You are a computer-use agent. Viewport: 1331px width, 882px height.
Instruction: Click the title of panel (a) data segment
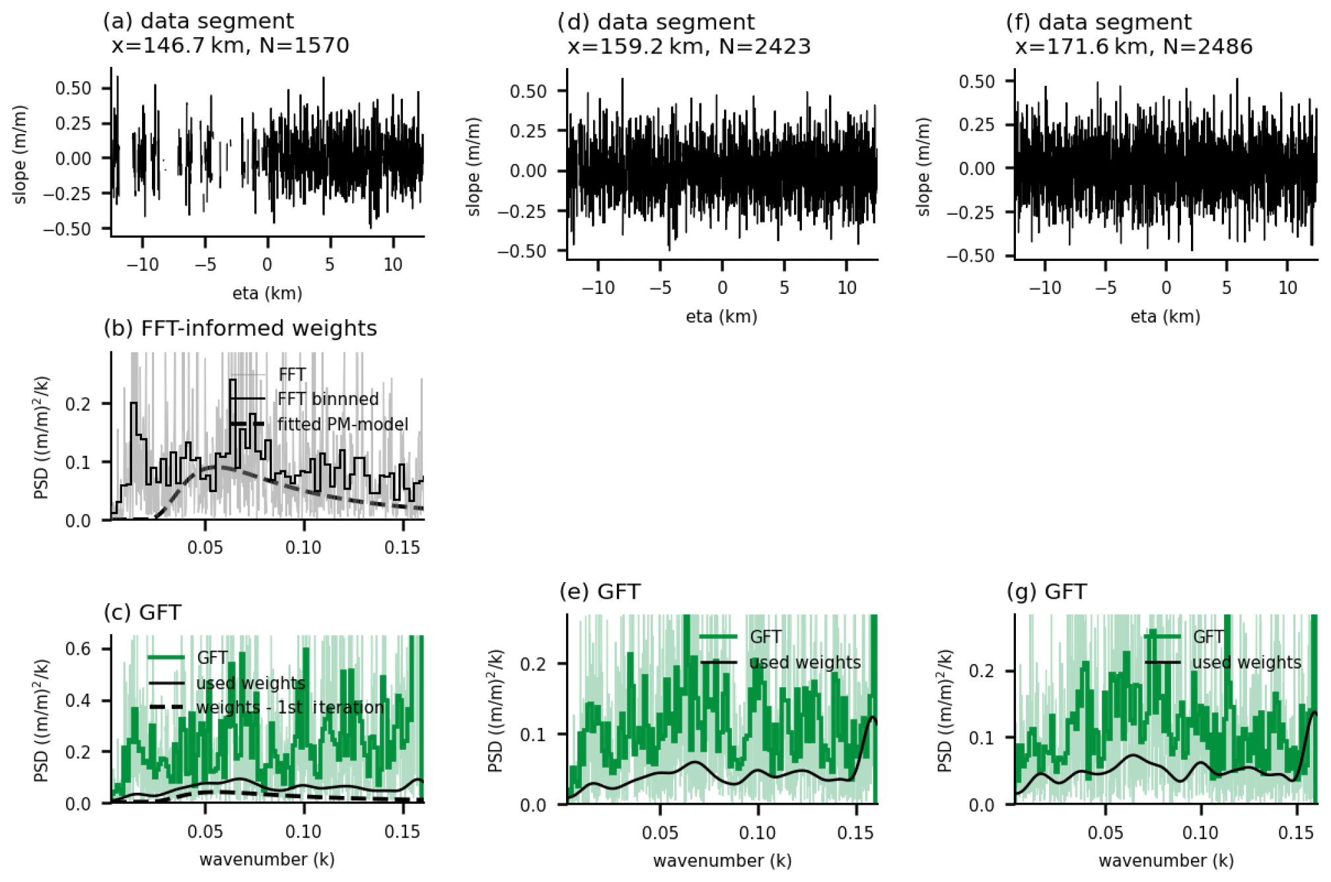point(198,21)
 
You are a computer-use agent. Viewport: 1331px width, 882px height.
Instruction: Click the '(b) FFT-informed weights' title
point(240,328)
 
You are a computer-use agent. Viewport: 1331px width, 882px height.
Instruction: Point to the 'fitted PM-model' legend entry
point(342,424)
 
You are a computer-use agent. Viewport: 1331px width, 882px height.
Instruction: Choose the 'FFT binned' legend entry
point(328,399)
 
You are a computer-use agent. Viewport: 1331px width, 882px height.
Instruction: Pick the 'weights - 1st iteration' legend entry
point(290,708)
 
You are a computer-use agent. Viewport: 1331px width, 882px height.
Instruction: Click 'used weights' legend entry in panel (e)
point(805,663)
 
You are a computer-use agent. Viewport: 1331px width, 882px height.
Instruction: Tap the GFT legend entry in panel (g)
point(1208,637)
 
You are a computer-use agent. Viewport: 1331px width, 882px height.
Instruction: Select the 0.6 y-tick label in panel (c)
point(78,649)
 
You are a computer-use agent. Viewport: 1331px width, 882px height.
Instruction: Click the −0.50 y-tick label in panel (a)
point(67,229)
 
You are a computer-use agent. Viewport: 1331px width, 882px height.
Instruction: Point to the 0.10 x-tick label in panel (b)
point(303,548)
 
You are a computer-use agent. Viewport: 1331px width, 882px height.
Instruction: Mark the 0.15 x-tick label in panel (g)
point(1295,833)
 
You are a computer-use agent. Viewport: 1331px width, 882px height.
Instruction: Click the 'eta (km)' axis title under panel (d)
point(721,317)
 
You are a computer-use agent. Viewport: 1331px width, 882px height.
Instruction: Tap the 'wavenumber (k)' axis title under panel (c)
point(267,860)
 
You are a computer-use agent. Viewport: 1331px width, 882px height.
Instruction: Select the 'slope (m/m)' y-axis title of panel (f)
point(923,166)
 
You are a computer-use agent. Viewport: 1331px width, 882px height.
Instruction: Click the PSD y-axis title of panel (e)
point(496,711)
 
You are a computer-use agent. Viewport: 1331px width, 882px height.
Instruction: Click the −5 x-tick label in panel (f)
point(1105,288)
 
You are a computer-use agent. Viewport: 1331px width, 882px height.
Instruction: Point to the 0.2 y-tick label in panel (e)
point(534,664)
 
